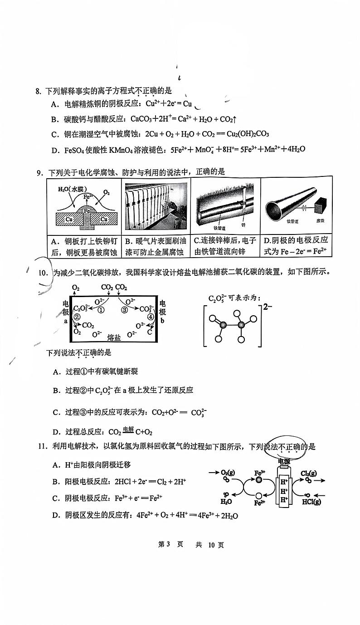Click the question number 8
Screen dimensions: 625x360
[x=38, y=92]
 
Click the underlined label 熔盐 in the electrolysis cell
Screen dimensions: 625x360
[x=114, y=337]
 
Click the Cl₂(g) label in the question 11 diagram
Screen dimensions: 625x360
[x=308, y=474]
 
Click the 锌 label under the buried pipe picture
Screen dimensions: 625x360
[x=243, y=225]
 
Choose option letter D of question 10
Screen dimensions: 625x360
[x=57, y=432]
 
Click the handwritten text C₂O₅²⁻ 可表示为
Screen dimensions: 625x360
[x=234, y=298]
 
